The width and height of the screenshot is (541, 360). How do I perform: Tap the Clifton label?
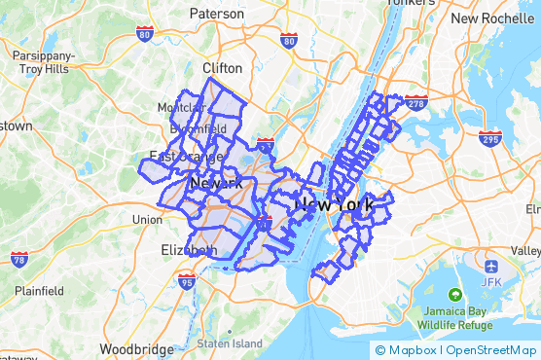pyautogui.click(x=222, y=68)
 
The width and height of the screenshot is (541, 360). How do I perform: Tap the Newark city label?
pyautogui.click(x=216, y=183)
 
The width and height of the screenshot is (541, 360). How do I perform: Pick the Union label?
pyautogui.click(x=147, y=220)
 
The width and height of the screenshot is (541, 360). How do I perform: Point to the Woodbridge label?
pyautogui.click(x=135, y=348)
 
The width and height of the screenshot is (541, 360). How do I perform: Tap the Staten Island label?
pyautogui.click(x=230, y=343)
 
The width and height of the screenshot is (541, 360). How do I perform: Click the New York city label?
pyautogui.click(x=334, y=204)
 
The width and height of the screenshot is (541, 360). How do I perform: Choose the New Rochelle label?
pyautogui.click(x=492, y=18)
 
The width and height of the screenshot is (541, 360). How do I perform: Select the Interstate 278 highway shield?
pyautogui.click(x=415, y=101)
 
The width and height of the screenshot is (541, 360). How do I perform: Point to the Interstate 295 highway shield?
pyautogui.click(x=490, y=138)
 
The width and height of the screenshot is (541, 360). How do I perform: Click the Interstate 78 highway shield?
pyautogui.click(x=19, y=259)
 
